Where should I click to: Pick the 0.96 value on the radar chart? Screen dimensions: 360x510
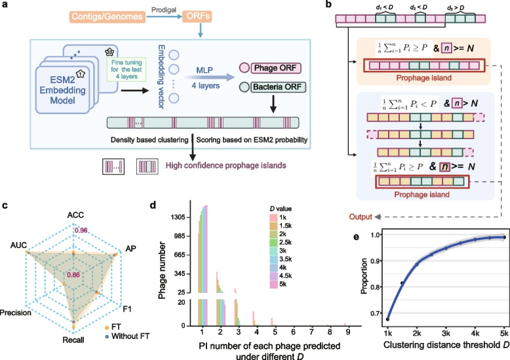[81, 230]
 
